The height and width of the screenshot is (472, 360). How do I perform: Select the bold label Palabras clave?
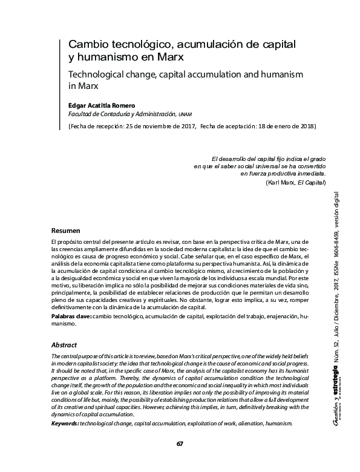(x=71, y=315)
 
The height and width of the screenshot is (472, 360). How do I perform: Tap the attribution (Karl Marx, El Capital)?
(x=296, y=182)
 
